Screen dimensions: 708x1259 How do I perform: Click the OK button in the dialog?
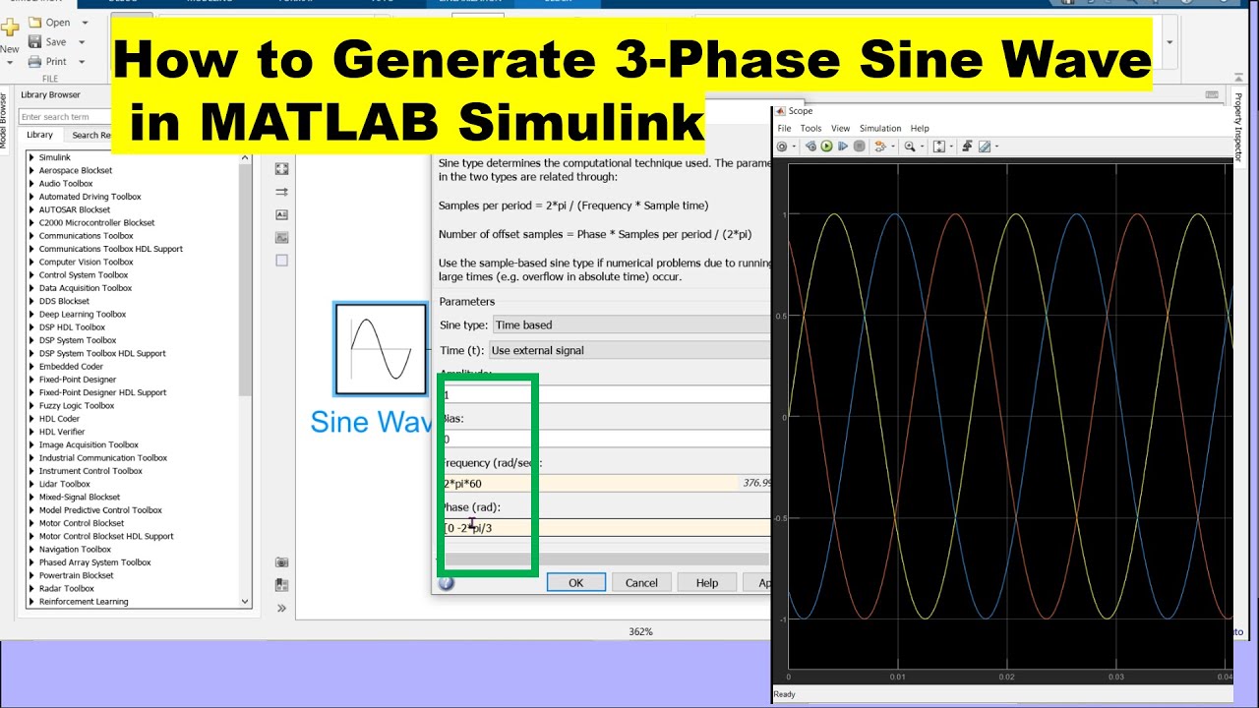(x=575, y=582)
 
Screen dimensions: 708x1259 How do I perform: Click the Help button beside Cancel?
(x=706, y=582)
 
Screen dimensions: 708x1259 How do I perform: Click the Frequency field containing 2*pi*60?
(x=590, y=484)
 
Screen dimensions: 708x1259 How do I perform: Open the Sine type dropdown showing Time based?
(x=629, y=324)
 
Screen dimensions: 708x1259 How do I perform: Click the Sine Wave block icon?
(x=381, y=349)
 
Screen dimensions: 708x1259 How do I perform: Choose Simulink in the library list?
(x=55, y=157)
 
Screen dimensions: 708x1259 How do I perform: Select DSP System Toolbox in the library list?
(x=78, y=340)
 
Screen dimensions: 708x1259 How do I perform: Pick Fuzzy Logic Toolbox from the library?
(x=77, y=405)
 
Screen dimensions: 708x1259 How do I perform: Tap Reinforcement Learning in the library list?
(x=84, y=602)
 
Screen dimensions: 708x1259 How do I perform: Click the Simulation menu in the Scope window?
(x=879, y=128)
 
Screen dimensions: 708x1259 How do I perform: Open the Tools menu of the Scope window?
(x=810, y=128)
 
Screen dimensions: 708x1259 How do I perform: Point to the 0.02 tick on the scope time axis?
(x=1006, y=677)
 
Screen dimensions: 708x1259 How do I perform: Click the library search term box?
(x=64, y=117)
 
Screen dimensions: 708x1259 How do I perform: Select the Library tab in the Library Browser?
(x=39, y=135)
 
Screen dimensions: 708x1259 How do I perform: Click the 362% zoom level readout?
(x=640, y=631)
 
